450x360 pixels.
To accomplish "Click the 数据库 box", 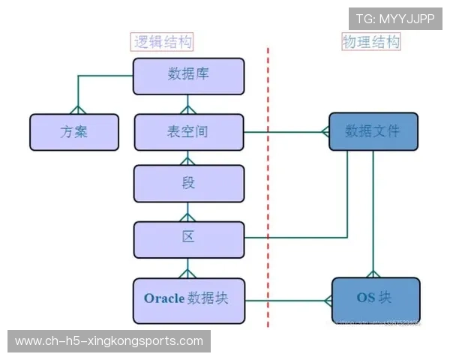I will pos(189,76).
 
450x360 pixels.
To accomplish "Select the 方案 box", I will pos(74,132).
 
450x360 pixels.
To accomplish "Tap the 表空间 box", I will pos(189,132).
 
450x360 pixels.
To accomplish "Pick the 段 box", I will pos(189,184).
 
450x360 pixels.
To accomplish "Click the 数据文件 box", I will pos(373,132).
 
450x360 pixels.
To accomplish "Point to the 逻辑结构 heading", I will pos(163,42).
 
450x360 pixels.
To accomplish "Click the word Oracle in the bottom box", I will pos(164,298).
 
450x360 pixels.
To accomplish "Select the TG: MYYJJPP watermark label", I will pos(395,18).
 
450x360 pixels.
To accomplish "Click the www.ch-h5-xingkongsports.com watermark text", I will pos(109,341).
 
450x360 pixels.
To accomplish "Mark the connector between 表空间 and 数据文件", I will pos(285,132).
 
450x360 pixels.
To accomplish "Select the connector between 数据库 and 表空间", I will pos(189,104).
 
